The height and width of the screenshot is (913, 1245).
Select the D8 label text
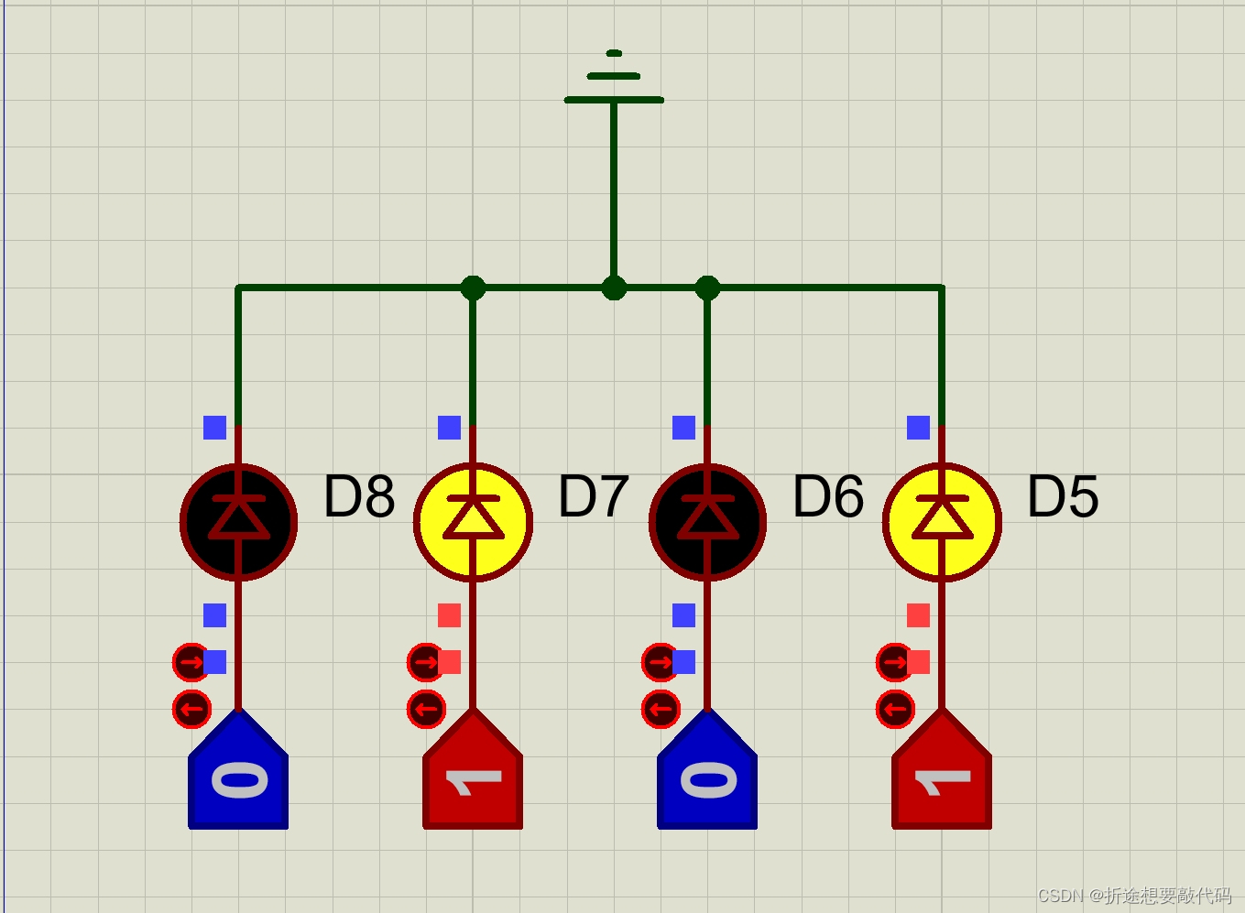coord(359,496)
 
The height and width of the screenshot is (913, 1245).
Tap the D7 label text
coord(594,496)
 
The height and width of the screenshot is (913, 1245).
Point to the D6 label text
coord(828,496)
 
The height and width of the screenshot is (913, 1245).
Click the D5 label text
coord(1063,496)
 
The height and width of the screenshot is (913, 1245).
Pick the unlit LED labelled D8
coord(238,522)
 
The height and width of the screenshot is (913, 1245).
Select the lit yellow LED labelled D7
coord(473,522)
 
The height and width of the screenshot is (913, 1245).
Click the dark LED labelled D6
coord(707,522)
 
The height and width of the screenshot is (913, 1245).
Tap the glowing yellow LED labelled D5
coord(942,522)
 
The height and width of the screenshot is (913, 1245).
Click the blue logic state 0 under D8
coord(238,778)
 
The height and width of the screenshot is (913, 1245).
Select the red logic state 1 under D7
coord(473,778)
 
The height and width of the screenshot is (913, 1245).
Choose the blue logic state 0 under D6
coord(707,778)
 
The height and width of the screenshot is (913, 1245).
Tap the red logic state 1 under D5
coord(942,778)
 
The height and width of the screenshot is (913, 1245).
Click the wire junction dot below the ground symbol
coord(614,288)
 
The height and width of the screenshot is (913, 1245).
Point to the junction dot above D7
coord(473,288)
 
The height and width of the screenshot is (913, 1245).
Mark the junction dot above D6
coord(707,288)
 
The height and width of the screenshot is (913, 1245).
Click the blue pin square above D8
coord(215,428)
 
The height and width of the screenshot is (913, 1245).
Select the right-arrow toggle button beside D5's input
coord(894,661)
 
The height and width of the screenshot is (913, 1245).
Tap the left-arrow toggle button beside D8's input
coord(191,709)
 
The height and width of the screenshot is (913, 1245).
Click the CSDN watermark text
coord(1133,895)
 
